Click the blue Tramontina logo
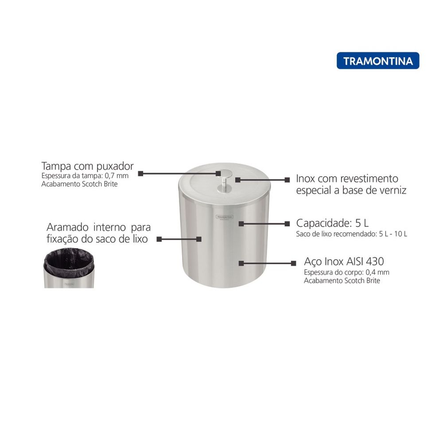(378, 61)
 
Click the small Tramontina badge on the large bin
(224, 217)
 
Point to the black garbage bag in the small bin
(69, 262)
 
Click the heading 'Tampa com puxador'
(87, 166)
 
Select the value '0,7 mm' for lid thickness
(117, 176)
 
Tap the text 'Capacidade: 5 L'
(332, 223)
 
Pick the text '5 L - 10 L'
(393, 234)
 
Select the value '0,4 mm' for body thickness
(377, 272)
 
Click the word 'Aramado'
(67, 227)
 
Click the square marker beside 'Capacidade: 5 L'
(287, 224)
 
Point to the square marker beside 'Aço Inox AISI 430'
(293, 263)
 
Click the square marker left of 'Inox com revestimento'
(287, 180)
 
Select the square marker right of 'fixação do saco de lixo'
(159, 239)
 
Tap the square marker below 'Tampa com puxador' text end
(140, 174)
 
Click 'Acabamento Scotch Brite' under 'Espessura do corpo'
(342, 280)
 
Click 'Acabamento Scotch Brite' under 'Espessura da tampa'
(79, 184)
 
